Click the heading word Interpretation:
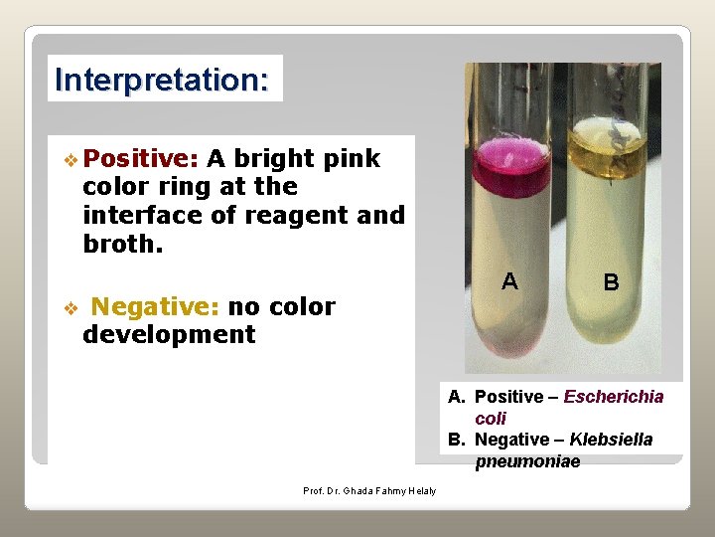click(163, 79)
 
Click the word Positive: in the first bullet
click(141, 158)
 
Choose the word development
click(169, 334)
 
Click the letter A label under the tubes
click(509, 281)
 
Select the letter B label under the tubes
click(612, 282)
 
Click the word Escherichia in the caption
click(613, 397)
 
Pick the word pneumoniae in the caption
click(527, 461)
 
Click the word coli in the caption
click(491, 419)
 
